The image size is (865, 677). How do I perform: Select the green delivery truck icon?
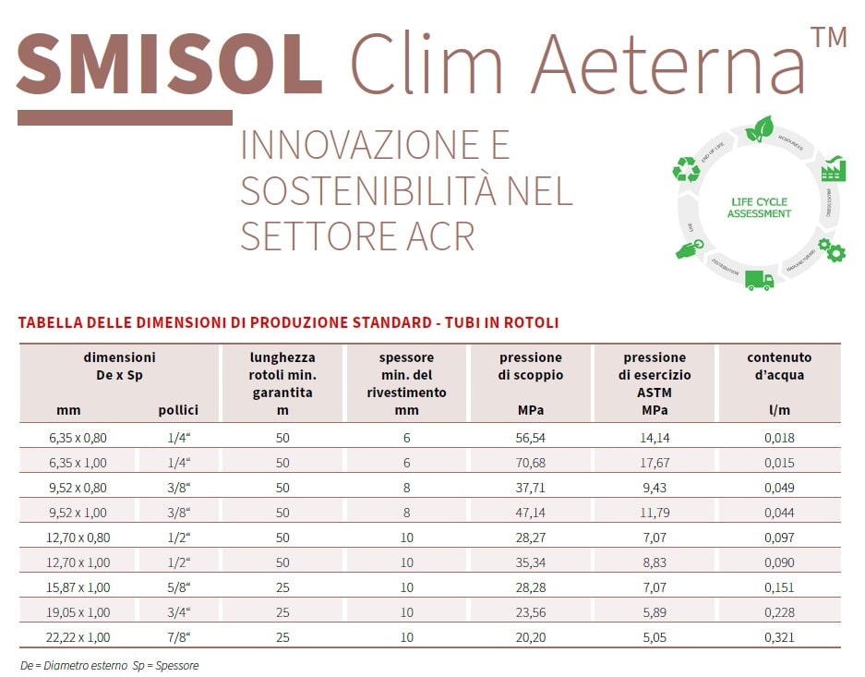[758, 279]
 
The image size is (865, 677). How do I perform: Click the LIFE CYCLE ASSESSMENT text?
[759, 208]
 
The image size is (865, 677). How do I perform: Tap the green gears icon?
[832, 249]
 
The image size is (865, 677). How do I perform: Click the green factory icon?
[834, 168]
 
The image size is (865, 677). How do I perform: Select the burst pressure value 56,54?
[530, 438]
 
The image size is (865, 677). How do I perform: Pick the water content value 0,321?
[779, 637]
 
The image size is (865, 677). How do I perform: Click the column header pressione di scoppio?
[531, 366]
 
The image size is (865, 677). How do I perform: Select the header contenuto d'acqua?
[779, 366]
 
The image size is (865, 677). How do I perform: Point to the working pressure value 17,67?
[654, 462]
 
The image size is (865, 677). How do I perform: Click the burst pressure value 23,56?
[530, 612]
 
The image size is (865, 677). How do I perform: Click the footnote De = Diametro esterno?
[74, 665]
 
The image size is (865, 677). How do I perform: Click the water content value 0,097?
[779, 538]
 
